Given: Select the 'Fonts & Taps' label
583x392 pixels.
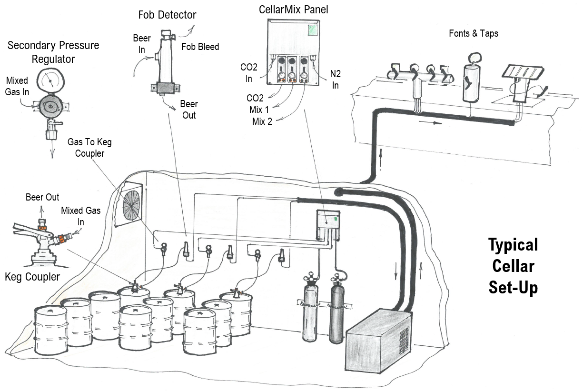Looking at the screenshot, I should [x=474, y=33].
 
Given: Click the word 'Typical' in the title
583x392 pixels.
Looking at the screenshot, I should [x=513, y=245].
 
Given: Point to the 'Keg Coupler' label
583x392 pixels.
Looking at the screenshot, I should [x=32, y=276].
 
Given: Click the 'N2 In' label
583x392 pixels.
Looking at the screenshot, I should [x=336, y=79].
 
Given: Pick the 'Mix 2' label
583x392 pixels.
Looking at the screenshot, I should [x=262, y=121].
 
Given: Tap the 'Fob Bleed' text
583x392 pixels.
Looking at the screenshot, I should [x=200, y=47].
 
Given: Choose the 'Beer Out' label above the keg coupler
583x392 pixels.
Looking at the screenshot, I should [x=42, y=197].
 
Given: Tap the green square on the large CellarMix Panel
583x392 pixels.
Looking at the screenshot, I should [x=313, y=30].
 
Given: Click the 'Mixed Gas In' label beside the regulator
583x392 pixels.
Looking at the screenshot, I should [x=16, y=86].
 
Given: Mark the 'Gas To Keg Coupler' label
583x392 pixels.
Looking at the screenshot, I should [x=90, y=147].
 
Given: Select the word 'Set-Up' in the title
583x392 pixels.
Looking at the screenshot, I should [x=513, y=287].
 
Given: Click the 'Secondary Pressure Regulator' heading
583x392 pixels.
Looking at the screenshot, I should [x=53, y=52].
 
